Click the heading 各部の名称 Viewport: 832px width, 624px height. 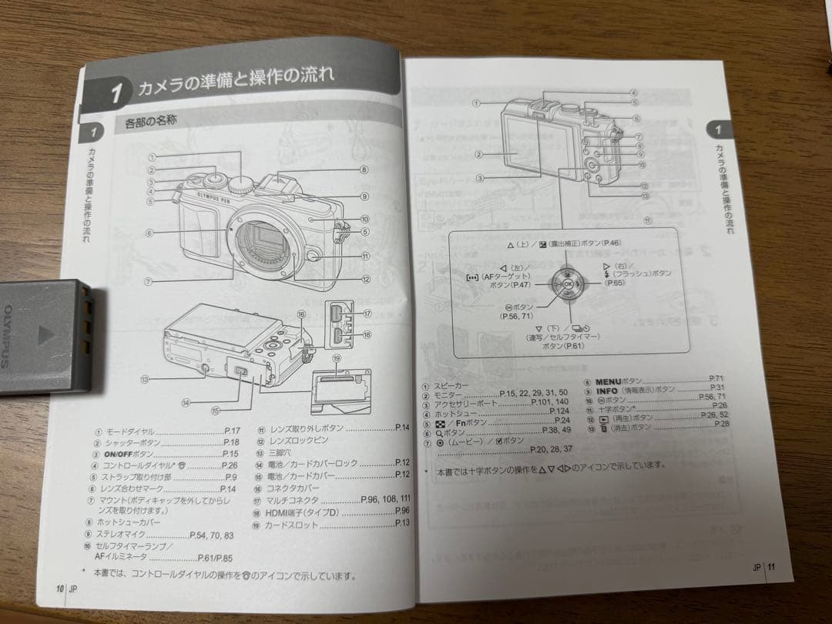pos(152,122)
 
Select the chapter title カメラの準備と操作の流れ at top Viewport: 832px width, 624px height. pos(235,83)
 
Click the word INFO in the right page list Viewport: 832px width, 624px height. pos(606,390)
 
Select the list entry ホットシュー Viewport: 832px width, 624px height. pos(453,411)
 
